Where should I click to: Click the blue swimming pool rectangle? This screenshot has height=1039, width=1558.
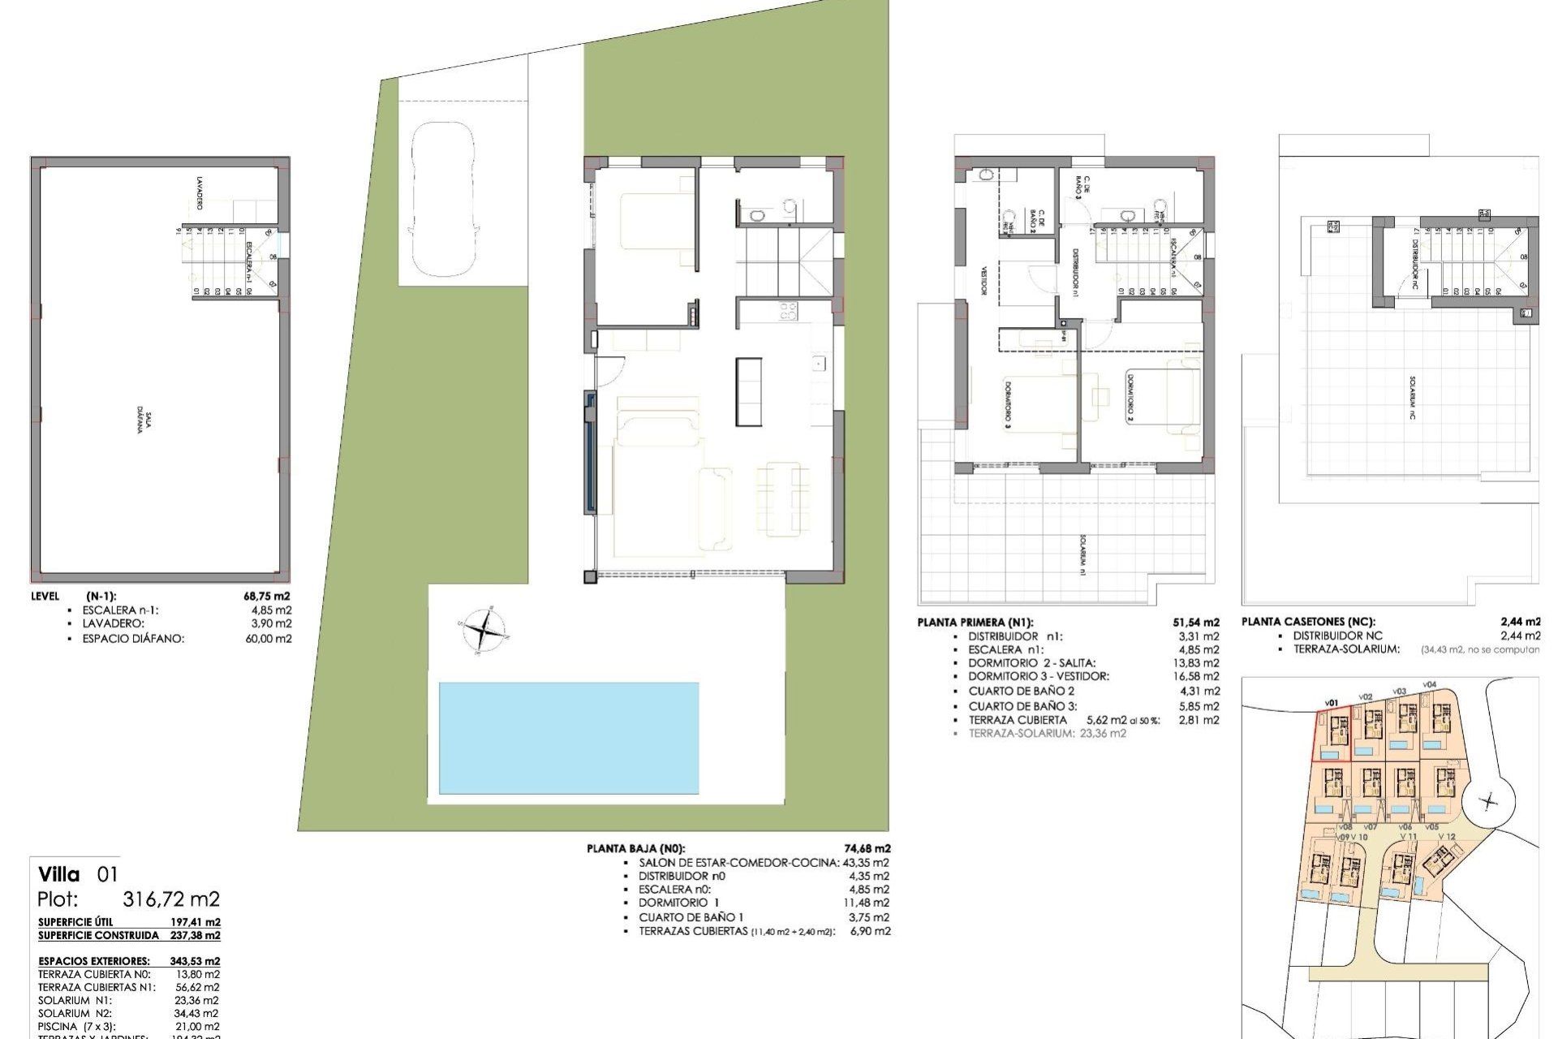[568, 738]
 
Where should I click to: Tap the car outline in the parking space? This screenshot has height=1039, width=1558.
[443, 199]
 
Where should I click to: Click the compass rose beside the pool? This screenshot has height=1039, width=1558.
[484, 629]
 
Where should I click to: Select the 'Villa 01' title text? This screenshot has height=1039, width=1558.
[79, 874]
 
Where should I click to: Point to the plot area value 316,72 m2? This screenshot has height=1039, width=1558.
[171, 899]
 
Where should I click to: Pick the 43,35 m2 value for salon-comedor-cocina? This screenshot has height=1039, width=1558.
[867, 863]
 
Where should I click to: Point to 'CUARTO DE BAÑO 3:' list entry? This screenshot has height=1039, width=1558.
[1022, 706]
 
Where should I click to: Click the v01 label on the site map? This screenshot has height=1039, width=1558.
[1331, 703]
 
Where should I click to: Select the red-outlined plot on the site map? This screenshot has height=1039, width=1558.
[1332, 735]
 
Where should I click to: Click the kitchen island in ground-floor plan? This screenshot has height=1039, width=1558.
[749, 391]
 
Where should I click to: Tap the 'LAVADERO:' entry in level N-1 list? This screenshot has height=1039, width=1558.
[114, 623]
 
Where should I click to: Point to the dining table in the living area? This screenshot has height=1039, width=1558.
[783, 498]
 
